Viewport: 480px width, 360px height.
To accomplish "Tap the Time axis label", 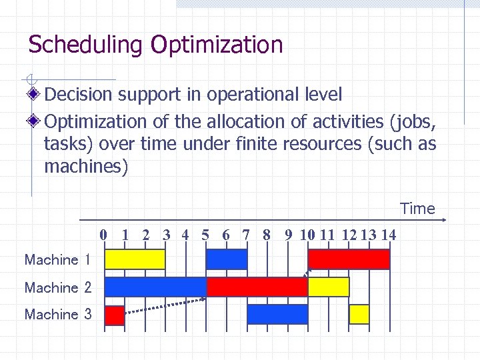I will [417, 209].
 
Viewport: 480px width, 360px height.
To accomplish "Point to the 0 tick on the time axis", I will [103, 235].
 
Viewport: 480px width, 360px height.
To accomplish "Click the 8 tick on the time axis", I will [267, 235].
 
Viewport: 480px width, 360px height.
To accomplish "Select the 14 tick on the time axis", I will [388, 235].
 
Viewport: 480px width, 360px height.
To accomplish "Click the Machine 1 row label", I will [57, 260].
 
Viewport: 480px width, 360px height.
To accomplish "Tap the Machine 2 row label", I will [57, 287].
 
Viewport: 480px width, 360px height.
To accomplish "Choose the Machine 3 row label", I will [57, 314].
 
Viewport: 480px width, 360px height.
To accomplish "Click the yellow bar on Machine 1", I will [135, 259].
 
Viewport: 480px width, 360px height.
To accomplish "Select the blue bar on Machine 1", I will [227, 259].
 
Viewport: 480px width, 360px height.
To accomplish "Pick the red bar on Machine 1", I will [349, 259].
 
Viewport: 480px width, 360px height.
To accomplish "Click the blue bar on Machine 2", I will [155, 287].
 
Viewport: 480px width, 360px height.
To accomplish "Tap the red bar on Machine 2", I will [257, 287].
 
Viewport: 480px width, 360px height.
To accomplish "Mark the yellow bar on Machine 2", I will [328, 287].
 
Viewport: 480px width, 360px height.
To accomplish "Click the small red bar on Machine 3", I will [115, 315].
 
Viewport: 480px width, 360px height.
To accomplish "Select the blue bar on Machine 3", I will [277, 314].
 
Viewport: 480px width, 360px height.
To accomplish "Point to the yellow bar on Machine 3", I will [359, 314].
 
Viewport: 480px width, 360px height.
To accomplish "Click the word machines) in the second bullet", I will [85, 166].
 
